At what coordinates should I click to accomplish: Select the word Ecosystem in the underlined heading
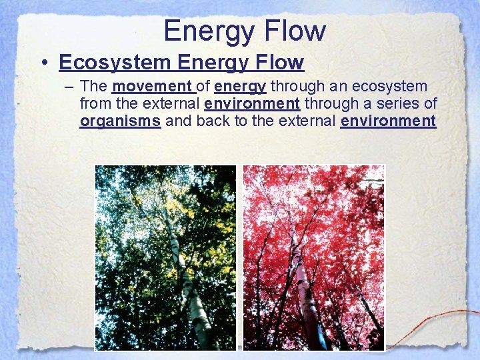tap(115, 62)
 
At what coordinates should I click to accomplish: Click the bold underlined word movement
tap(152, 87)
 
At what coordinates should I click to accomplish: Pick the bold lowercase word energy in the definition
tap(241, 87)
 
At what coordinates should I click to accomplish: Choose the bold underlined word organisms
tap(120, 121)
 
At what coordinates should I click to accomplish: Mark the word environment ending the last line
tap(388, 121)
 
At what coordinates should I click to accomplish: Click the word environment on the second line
tap(252, 104)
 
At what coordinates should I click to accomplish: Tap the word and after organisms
tap(177, 121)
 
